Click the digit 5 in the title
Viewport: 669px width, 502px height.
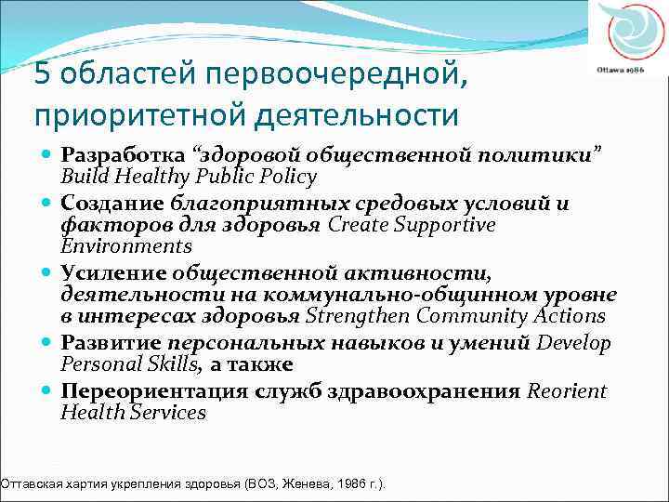point(42,73)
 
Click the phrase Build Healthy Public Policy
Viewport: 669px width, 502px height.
point(189,176)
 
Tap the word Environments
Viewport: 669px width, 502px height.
point(125,246)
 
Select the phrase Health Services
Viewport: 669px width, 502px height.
point(133,412)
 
